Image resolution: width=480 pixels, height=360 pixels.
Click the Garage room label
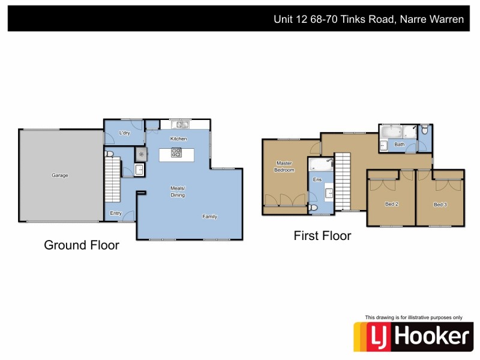coord(60,175)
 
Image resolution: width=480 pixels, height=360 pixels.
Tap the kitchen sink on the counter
coord(179,125)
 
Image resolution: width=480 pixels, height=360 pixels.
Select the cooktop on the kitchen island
coord(176,152)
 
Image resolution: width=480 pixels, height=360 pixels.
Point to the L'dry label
coord(125,133)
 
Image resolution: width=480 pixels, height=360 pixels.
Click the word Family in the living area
coord(209,217)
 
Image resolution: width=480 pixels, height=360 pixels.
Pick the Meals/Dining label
coord(178,192)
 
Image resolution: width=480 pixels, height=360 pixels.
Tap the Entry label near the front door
coord(116,213)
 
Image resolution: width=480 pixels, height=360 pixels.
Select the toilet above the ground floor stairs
coord(109,154)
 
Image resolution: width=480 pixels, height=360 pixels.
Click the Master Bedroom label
coord(284,166)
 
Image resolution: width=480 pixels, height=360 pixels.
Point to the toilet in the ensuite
coord(314,208)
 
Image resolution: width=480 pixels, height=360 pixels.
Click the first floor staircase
coord(342,180)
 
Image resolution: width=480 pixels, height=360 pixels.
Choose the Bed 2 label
coord(392,205)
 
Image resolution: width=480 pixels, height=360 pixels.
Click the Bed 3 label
coord(440,205)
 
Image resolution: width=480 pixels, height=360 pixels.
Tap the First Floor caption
coord(322,236)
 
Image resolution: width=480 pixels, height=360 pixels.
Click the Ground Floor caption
coord(82,245)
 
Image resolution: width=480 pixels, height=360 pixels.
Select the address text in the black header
coord(368,19)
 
